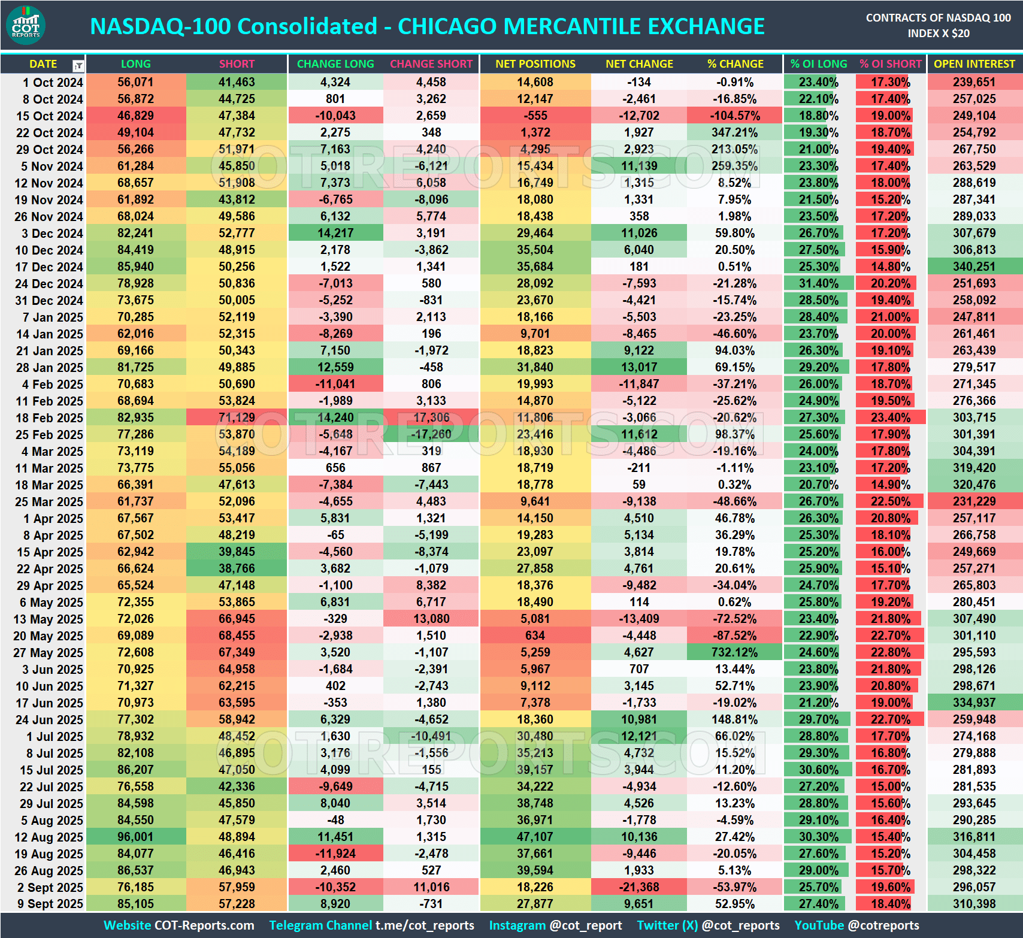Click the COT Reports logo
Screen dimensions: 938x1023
coord(26,26)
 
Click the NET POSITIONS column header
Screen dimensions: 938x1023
coord(535,64)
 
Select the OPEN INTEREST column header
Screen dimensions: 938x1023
coord(974,64)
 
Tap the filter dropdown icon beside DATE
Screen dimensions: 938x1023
coord(78,65)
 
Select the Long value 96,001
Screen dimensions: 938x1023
coord(135,837)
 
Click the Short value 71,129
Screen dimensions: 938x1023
coord(237,417)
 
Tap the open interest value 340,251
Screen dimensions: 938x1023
coord(974,267)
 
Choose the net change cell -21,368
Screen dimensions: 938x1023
coord(638,887)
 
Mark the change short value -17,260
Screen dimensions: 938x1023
coord(431,434)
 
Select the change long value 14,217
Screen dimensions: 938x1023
coord(335,233)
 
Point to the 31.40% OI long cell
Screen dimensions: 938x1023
coord(818,283)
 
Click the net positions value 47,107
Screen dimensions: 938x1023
coord(535,837)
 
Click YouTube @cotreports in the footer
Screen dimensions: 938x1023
coord(856,925)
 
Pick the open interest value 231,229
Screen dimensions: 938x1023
coord(974,501)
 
